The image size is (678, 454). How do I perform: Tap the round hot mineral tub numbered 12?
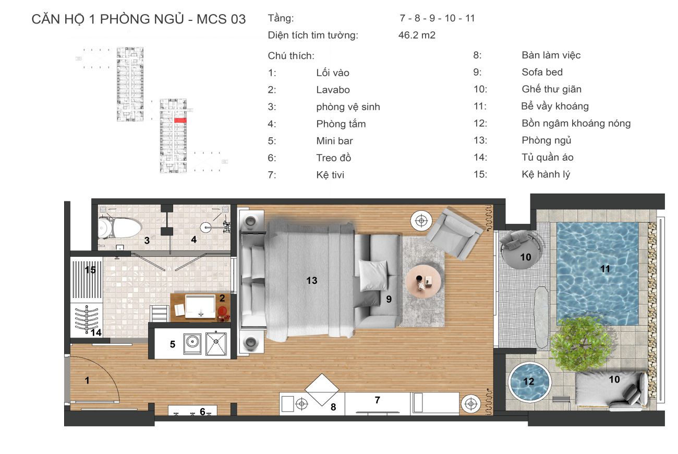pyautogui.click(x=529, y=381)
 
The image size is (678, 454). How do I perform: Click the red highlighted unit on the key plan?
pyautogui.click(x=180, y=120)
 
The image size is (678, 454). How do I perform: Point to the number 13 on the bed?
pyautogui.click(x=312, y=280)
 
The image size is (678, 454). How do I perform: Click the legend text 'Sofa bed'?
pyautogui.click(x=542, y=72)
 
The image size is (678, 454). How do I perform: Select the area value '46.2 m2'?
pyautogui.click(x=417, y=35)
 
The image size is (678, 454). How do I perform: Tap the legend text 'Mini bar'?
pyautogui.click(x=334, y=141)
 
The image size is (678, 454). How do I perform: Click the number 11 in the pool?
pyautogui.click(x=605, y=269)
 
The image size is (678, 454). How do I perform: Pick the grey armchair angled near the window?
pyautogui.click(x=454, y=233)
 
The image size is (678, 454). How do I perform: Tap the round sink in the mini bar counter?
pyautogui.click(x=192, y=342)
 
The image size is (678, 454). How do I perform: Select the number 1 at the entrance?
pyautogui.click(x=87, y=380)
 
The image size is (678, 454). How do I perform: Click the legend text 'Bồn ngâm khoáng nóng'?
pyautogui.click(x=576, y=123)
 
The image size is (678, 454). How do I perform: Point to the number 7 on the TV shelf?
pyautogui.click(x=377, y=400)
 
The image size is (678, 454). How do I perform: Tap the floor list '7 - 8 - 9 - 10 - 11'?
pyautogui.click(x=437, y=18)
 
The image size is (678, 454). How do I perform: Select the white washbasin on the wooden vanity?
pyautogui.click(x=200, y=306)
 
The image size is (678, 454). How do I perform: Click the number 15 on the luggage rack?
pyautogui.click(x=90, y=270)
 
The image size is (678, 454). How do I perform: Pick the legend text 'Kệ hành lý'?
pyautogui.click(x=546, y=174)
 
